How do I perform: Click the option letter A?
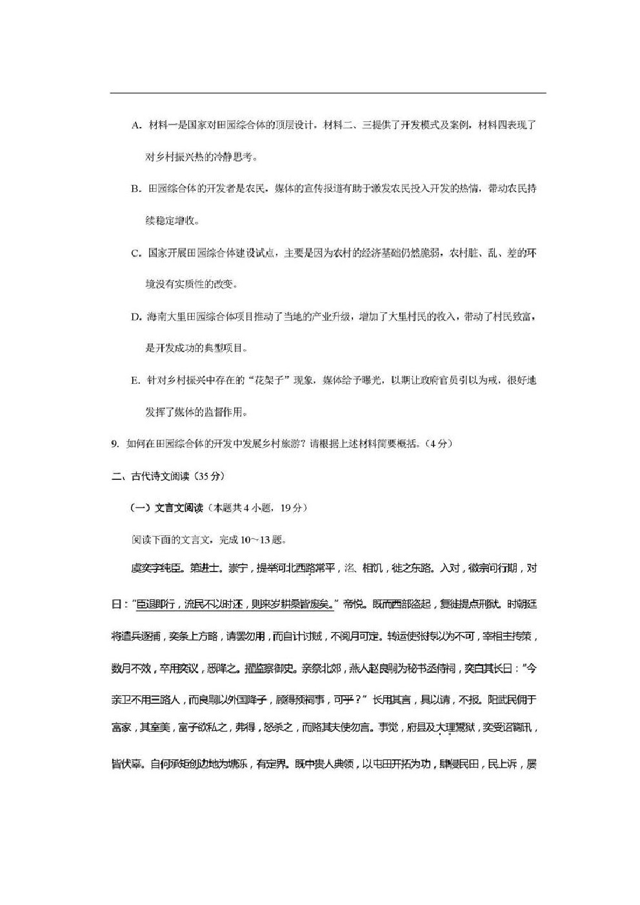click(x=135, y=125)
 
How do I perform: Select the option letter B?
click(x=135, y=189)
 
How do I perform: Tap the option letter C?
click(x=135, y=253)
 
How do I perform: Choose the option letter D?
click(x=135, y=317)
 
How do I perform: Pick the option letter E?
click(x=135, y=381)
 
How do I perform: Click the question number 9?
click(x=115, y=444)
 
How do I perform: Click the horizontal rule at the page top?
click(x=328, y=93)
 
